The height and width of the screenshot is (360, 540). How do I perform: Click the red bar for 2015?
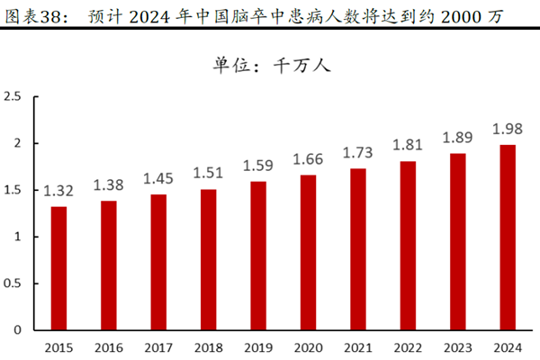click(x=58, y=268)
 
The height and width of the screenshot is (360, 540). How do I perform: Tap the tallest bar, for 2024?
click(x=508, y=238)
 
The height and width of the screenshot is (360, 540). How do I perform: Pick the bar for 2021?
click(x=358, y=249)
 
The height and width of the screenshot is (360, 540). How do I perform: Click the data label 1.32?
click(x=58, y=190)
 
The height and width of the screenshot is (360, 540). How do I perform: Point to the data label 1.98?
click(x=508, y=129)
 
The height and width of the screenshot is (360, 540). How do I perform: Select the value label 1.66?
click(x=309, y=158)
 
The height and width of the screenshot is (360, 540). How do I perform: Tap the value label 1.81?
click(x=409, y=145)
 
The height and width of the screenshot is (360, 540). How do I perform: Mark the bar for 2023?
click(x=458, y=242)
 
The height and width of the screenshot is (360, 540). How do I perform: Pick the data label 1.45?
click(x=158, y=178)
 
